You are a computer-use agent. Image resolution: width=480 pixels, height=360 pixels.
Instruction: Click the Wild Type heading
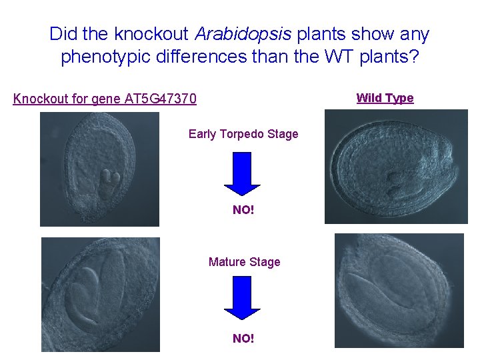coord(385,98)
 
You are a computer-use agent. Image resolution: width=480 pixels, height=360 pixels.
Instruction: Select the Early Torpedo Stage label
coord(243,134)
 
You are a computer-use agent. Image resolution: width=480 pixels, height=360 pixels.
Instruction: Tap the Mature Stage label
coord(244,262)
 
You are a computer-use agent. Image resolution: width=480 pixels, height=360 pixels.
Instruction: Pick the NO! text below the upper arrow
coord(243,211)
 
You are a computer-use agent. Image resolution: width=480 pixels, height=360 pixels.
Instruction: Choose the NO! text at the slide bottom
coord(243,339)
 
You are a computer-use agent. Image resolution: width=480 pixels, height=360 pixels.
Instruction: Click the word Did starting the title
coord(63,34)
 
